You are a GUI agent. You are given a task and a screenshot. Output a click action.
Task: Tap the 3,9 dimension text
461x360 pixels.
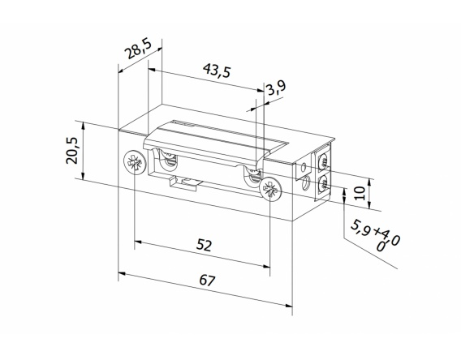(275, 88)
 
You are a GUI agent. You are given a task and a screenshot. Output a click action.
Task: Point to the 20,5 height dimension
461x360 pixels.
(72, 151)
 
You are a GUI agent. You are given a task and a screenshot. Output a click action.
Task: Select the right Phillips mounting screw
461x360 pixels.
(269, 192)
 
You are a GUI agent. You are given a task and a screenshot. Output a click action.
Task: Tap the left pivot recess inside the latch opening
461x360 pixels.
(168, 161)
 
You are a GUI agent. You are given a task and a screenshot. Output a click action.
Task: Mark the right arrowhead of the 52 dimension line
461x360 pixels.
(269, 264)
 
